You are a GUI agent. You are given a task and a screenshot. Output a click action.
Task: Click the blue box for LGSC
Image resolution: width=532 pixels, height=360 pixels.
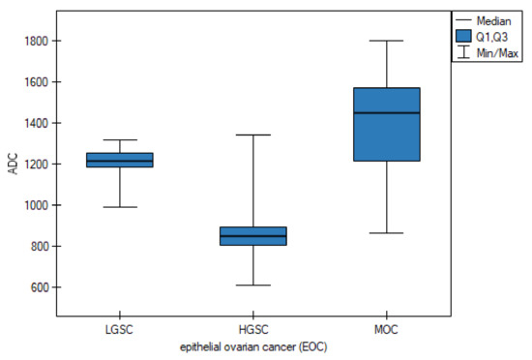coord(120,160)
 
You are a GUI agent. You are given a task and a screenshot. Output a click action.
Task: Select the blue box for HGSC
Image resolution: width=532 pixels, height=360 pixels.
coord(252,236)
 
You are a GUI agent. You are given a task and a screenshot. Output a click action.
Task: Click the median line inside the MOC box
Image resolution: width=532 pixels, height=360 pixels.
coord(386,113)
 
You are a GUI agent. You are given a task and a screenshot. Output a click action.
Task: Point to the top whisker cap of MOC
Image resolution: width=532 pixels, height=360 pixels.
coord(386,41)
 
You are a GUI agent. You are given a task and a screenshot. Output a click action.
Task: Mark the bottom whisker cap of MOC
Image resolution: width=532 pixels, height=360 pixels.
coord(386,233)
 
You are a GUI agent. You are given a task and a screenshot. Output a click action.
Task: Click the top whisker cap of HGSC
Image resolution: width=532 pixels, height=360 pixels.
coord(252,135)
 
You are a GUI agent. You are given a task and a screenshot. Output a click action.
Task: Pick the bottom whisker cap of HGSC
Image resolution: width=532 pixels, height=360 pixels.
coord(252,285)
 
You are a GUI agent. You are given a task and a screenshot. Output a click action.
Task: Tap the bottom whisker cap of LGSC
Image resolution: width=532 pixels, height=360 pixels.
coord(120,207)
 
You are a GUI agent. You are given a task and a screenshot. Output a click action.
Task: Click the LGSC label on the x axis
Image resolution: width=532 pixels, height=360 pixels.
coord(120,331)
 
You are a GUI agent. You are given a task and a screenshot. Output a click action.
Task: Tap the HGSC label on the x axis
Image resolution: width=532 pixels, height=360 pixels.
coord(252,331)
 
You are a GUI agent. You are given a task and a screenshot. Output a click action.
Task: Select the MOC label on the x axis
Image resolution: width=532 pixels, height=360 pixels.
coord(386,331)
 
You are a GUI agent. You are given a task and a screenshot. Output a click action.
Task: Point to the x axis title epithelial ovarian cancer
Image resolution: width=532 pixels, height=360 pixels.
coord(252,346)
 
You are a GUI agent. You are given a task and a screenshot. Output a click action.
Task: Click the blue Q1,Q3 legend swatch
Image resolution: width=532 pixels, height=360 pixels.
coord(466,36)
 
